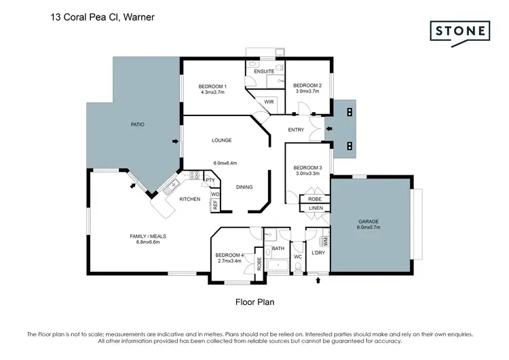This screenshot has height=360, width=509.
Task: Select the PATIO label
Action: tap(138, 124)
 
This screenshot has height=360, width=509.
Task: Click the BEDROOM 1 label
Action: tap(212, 86)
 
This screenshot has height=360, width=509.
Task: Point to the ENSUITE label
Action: tap(264, 71)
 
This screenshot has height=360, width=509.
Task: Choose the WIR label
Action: tap(269, 101)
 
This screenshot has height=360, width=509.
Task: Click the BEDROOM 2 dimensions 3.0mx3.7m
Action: tap(307, 92)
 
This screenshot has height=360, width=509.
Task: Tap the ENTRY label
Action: tap(296, 129)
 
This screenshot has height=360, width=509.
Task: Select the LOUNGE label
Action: tap(222, 141)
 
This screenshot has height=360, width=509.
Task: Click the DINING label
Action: tap(244, 187)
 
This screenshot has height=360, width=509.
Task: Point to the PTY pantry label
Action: tap(210, 181)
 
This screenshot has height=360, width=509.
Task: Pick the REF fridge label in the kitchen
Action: tap(215, 203)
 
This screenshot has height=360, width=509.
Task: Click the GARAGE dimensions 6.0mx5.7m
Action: tap(369, 228)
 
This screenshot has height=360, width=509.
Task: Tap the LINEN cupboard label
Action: tap(315, 208)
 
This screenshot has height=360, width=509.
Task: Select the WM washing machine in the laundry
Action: tap(326, 241)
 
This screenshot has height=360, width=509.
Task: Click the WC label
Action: tap(297, 257)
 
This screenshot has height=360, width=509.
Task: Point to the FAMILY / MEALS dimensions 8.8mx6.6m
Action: tap(148, 242)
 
